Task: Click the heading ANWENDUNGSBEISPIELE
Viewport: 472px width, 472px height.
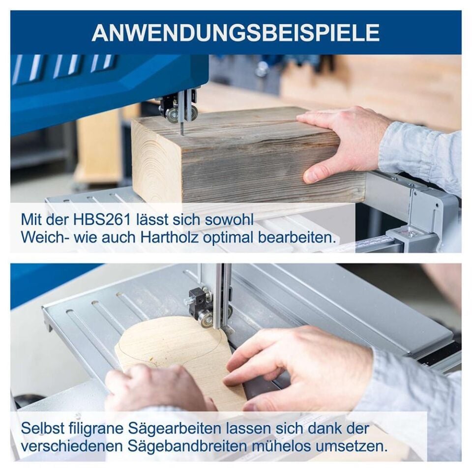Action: pyautogui.click(x=236, y=32)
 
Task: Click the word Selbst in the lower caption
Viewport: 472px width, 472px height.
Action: pyautogui.click(x=40, y=428)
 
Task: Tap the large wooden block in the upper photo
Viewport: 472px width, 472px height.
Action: pyautogui.click(x=236, y=157)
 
